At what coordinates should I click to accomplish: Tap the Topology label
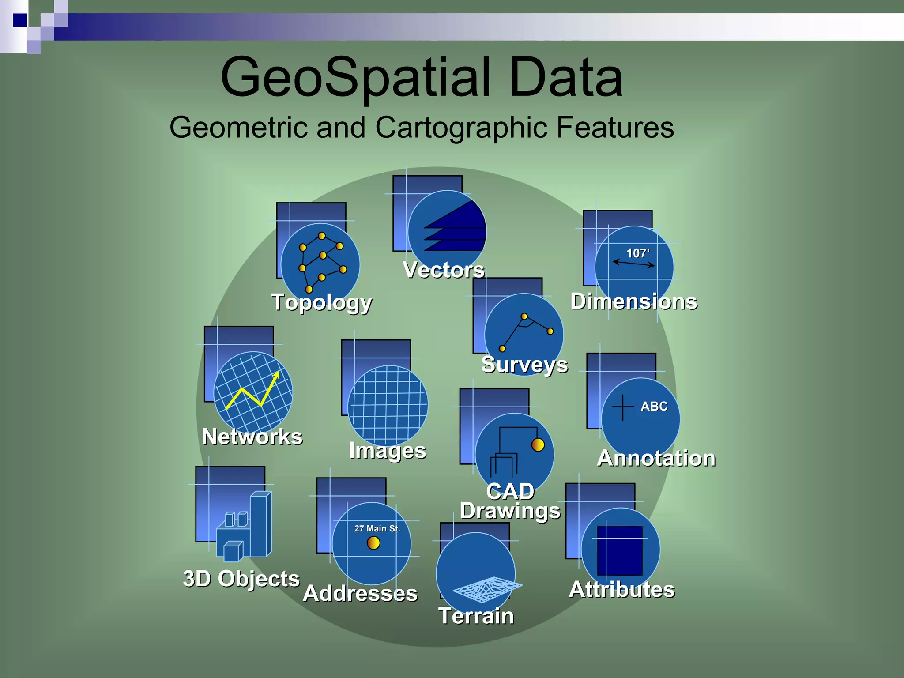pyautogui.click(x=322, y=303)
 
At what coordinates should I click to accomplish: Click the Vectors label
pyautogui.click(x=444, y=270)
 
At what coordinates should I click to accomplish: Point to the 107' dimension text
pyautogui.click(x=638, y=253)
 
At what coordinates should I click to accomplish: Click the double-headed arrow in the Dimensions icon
pyautogui.click(x=634, y=264)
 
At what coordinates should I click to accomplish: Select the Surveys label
pyautogui.click(x=524, y=365)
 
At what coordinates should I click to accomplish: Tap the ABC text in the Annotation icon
pyautogui.click(x=654, y=406)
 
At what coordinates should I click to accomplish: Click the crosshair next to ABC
pyautogui.click(x=623, y=407)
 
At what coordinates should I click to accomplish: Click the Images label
pyautogui.click(x=388, y=451)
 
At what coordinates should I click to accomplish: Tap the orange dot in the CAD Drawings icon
pyautogui.click(x=538, y=444)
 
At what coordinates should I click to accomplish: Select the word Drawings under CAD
pyautogui.click(x=510, y=511)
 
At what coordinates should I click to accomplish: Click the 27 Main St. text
pyautogui.click(x=377, y=528)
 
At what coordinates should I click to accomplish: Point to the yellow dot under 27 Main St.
pyautogui.click(x=373, y=542)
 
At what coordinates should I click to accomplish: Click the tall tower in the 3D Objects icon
pyautogui.click(x=260, y=523)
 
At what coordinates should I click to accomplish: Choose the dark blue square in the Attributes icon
pyautogui.click(x=620, y=550)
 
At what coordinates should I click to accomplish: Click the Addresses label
pyautogui.click(x=360, y=593)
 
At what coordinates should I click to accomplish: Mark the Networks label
pyautogui.click(x=252, y=437)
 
